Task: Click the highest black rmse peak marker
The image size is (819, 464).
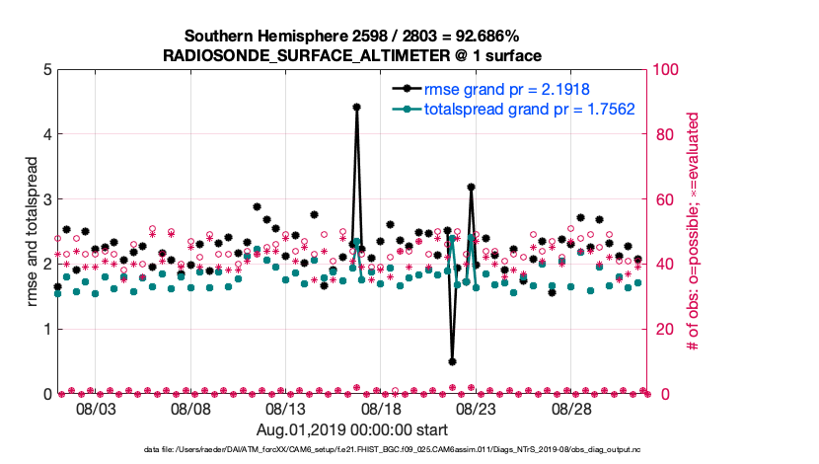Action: coord(356,108)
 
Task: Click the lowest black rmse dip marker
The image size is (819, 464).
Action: coord(452,361)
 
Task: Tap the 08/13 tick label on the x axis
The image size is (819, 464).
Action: coord(285,409)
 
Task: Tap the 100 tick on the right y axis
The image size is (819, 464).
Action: coord(667,69)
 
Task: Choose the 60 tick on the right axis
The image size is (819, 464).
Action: coord(663,198)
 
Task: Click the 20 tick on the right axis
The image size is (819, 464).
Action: coord(663,329)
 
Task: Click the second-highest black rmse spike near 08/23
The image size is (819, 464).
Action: coord(472,187)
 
